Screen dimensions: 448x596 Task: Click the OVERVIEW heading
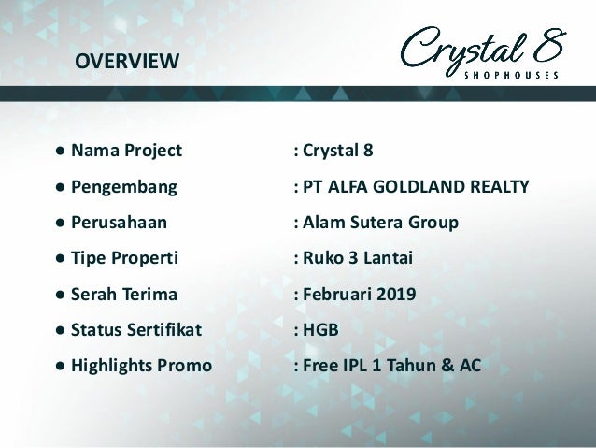[127, 63]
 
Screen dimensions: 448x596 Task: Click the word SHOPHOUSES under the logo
[511, 75]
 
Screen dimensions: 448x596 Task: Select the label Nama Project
[127, 150]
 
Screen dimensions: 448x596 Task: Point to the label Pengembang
[124, 185]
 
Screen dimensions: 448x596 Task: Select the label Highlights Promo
[141, 365]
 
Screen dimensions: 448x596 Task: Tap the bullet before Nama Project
[59, 150]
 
